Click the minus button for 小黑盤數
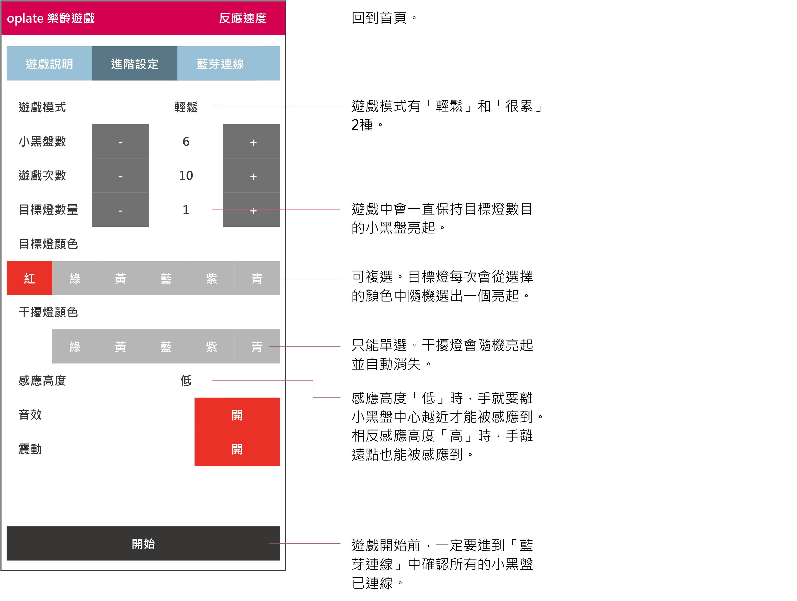[120, 142]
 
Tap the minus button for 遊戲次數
[120, 176]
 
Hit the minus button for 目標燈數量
[120, 210]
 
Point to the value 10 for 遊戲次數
[186, 176]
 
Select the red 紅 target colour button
[30, 278]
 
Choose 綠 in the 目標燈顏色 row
[75, 278]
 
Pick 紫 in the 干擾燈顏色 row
[212, 347]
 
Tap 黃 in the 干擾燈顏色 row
[120, 347]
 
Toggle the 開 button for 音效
[237, 415]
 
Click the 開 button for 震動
[237, 449]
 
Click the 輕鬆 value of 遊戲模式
[186, 107]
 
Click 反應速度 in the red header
[242, 18]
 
